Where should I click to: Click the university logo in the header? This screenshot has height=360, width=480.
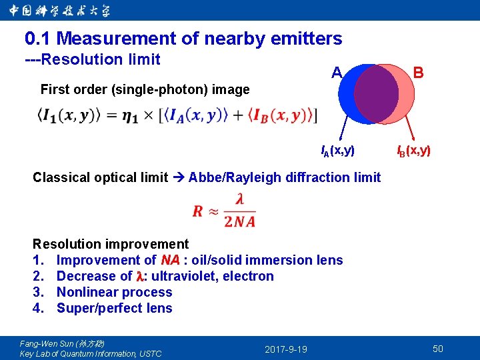pyautogui.click(x=60, y=11)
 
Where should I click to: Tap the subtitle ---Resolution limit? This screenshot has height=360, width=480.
pyautogui.click(x=93, y=59)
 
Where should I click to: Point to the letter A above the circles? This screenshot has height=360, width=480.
pyautogui.click(x=337, y=72)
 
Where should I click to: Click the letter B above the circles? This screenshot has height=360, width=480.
pyautogui.click(x=419, y=72)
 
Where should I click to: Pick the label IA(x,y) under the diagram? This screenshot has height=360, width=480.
pyautogui.click(x=338, y=151)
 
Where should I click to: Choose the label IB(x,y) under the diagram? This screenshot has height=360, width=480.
pyautogui.click(x=414, y=151)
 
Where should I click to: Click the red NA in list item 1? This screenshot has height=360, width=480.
pyautogui.click(x=170, y=260)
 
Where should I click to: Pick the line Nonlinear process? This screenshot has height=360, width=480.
pyautogui.click(x=114, y=292)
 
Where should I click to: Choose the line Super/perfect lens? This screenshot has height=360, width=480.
pyautogui.click(x=114, y=308)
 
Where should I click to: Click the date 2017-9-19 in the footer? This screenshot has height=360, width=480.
pyautogui.click(x=286, y=349)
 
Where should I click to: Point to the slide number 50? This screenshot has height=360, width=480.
pyautogui.click(x=438, y=349)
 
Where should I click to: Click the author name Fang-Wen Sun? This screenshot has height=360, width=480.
pyautogui.click(x=47, y=343)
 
